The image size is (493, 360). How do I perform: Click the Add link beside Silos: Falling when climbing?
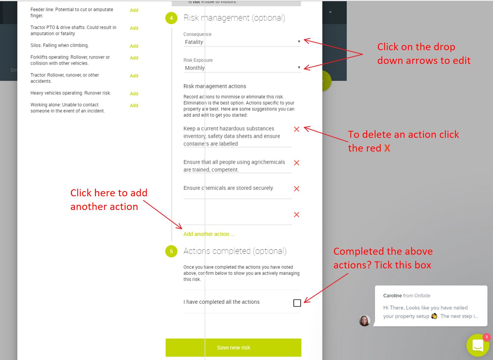(x=134, y=46)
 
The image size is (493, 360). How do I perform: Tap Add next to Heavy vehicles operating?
(x=134, y=94)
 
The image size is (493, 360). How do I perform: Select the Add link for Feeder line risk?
(x=134, y=10)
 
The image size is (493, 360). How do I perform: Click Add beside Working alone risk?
(x=134, y=106)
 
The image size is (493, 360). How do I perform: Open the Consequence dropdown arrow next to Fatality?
(x=299, y=42)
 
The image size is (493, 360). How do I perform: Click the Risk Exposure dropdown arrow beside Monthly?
(x=299, y=68)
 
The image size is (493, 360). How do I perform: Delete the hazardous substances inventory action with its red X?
(x=297, y=129)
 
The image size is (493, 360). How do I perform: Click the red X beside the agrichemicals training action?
(x=297, y=163)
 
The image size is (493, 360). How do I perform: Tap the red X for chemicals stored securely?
(x=297, y=189)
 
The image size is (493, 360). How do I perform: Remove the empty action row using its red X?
(x=297, y=215)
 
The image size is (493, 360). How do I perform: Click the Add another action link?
(x=209, y=234)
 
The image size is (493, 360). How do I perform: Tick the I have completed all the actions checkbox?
(x=297, y=303)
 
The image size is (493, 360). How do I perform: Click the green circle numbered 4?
(x=171, y=18)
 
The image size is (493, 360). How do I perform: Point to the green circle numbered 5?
(x=171, y=251)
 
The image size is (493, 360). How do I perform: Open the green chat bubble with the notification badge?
(x=477, y=345)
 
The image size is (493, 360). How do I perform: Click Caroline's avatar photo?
(x=364, y=321)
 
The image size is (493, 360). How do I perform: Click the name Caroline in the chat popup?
(x=393, y=295)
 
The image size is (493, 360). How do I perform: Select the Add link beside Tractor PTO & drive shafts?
(x=134, y=28)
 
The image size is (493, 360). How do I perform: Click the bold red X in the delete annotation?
(x=387, y=148)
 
